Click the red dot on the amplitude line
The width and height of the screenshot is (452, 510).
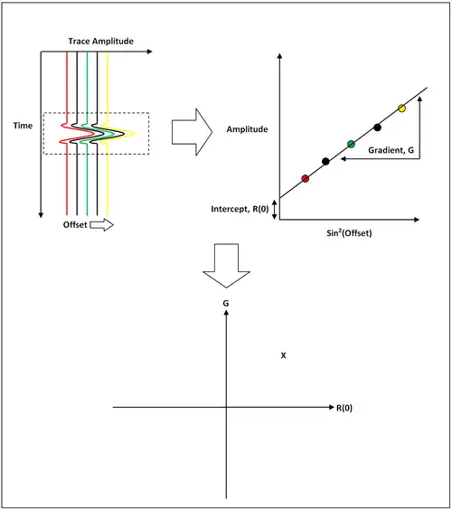305,178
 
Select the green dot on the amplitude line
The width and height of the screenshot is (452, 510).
351,144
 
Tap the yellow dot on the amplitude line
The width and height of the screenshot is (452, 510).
401,108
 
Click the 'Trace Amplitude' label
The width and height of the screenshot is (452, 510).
101,42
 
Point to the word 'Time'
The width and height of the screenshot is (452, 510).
23,126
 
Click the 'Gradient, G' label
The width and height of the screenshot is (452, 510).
391,150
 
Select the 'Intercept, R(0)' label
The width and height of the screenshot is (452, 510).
240,209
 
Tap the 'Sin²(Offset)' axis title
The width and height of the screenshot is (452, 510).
349,233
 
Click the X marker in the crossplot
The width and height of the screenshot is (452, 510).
283,355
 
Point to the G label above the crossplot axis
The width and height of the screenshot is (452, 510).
226,303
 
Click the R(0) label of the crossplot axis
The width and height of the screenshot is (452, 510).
344,408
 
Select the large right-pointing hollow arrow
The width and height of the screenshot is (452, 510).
193,132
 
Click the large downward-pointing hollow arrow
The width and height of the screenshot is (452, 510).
226,266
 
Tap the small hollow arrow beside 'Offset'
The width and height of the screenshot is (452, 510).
101,225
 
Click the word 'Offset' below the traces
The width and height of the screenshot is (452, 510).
75,225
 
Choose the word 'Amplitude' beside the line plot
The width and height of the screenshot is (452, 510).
247,129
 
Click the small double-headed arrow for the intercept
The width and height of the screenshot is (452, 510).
275,210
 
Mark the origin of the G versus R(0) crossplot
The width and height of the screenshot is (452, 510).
226,407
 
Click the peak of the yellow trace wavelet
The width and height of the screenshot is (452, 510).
135,133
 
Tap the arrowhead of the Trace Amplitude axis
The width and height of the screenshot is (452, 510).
150,52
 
